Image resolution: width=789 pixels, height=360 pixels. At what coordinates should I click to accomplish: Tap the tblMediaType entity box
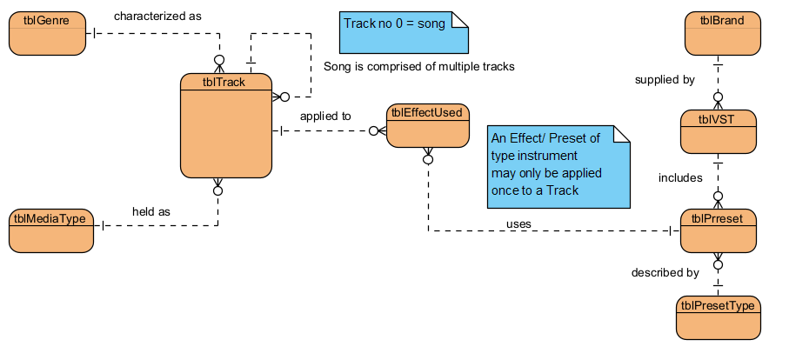click(50, 230)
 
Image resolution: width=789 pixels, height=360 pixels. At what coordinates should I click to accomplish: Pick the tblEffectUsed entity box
click(428, 126)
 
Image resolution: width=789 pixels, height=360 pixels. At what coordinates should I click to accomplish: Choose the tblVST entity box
click(718, 131)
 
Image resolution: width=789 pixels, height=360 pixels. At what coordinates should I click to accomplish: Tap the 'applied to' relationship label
click(325, 115)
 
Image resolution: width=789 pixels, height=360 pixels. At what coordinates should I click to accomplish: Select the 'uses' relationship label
click(518, 224)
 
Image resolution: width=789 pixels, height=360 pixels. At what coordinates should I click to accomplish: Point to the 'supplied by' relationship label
click(665, 79)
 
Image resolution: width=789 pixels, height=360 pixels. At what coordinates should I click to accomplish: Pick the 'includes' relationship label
click(680, 177)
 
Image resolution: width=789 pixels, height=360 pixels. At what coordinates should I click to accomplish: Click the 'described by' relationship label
click(665, 273)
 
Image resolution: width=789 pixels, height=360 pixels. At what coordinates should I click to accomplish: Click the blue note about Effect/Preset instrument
click(557, 165)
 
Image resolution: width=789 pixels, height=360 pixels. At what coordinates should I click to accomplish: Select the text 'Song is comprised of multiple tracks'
click(418, 66)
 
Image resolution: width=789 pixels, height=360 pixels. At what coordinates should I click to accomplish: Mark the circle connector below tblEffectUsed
click(428, 159)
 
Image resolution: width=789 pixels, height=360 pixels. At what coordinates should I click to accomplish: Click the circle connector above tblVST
click(719, 98)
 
